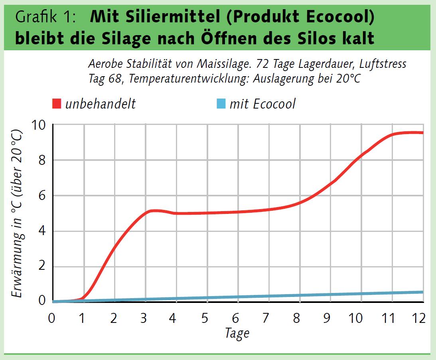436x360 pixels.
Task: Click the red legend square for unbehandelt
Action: (x=57, y=104)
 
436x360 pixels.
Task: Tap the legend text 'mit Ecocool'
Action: (x=262, y=104)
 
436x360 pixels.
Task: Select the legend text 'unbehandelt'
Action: (x=100, y=104)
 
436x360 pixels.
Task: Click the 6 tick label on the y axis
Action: (x=42, y=196)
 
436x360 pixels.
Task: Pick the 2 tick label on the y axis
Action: (x=42, y=267)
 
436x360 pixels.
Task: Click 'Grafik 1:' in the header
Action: (x=45, y=18)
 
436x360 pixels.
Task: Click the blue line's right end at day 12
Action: (x=422, y=292)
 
